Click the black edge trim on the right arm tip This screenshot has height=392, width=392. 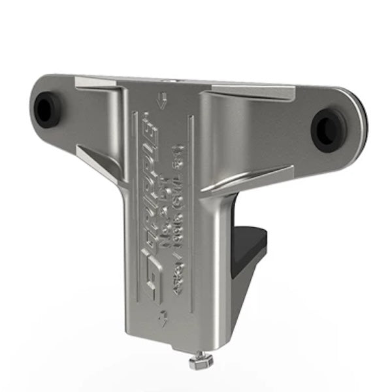pyautogui.click(x=362, y=124)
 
